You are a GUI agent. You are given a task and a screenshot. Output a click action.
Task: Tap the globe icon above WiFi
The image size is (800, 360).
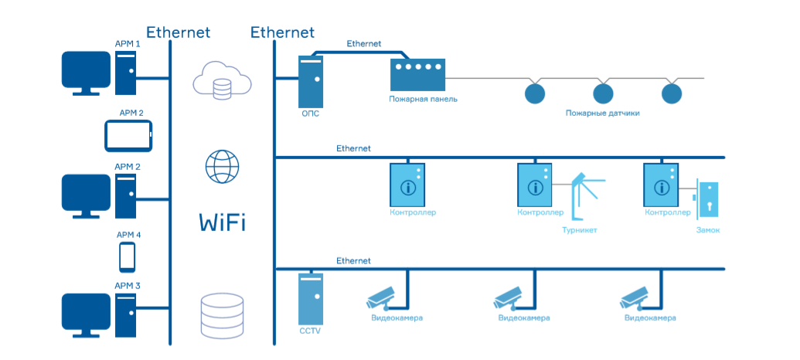(x=222, y=166)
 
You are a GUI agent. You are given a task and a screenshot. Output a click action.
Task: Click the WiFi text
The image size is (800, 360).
(x=222, y=223)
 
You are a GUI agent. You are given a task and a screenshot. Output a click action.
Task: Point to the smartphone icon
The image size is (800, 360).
(x=128, y=256)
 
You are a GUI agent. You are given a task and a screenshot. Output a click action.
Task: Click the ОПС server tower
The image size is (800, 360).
(x=311, y=80)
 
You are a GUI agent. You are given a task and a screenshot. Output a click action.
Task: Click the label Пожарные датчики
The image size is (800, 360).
(x=602, y=113)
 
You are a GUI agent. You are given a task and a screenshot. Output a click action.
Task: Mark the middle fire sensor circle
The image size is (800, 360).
(x=603, y=94)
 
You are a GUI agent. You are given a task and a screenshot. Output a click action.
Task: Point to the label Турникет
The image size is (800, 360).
(x=580, y=230)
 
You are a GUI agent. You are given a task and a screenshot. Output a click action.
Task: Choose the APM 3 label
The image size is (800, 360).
(x=128, y=285)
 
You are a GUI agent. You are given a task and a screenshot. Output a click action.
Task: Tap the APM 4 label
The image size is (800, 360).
(x=128, y=235)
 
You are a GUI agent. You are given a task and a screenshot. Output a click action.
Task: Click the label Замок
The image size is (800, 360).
(x=708, y=230)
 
